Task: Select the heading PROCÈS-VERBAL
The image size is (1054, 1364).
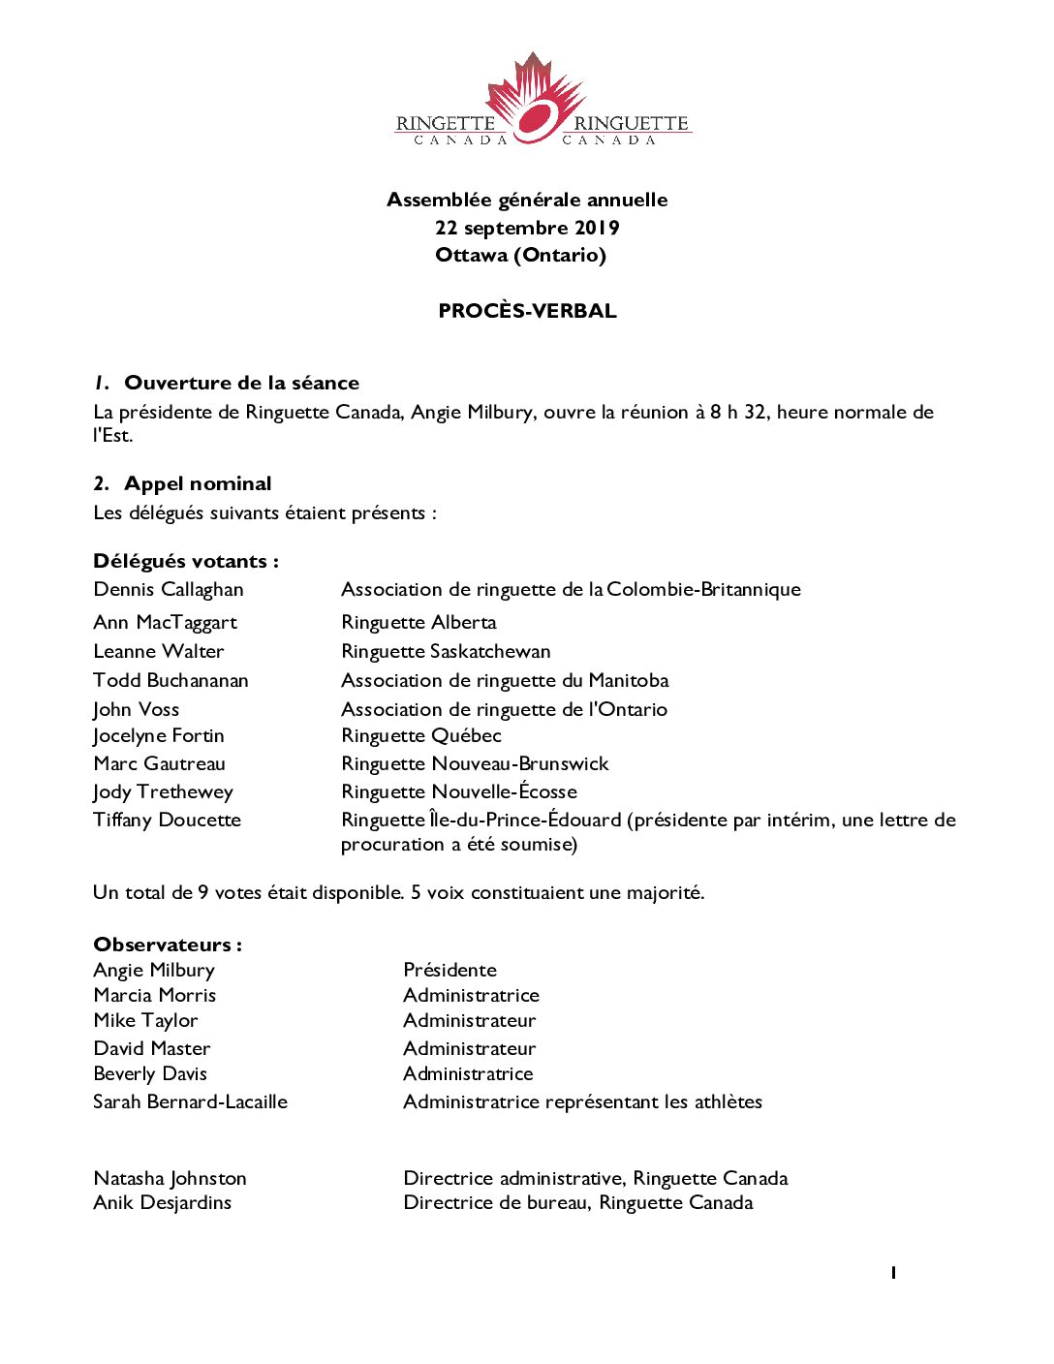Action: click(527, 311)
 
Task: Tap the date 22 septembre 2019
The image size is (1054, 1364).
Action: click(527, 228)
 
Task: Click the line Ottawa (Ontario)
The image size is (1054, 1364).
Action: click(520, 255)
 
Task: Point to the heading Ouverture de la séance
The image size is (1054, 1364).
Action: click(241, 383)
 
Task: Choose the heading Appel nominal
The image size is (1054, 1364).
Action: click(198, 483)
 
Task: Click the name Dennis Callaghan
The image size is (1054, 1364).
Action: click(169, 589)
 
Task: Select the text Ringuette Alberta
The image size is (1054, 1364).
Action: click(418, 622)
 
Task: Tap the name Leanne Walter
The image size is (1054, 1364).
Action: click(159, 651)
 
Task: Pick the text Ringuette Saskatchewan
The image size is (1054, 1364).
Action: click(446, 651)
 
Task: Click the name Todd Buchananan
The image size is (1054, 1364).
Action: click(170, 680)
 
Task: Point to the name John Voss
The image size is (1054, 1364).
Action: click(137, 709)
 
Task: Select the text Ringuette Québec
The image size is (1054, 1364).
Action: click(421, 735)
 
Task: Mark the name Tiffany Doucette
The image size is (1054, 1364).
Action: click(167, 820)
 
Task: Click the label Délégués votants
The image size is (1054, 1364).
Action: click(185, 561)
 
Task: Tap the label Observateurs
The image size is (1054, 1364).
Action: click(167, 945)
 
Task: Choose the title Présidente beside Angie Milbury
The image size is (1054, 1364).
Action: click(449, 970)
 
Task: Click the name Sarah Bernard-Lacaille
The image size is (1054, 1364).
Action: click(190, 1101)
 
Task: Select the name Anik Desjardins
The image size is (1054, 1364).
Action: click(163, 1202)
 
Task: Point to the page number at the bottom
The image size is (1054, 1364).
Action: click(893, 1272)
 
